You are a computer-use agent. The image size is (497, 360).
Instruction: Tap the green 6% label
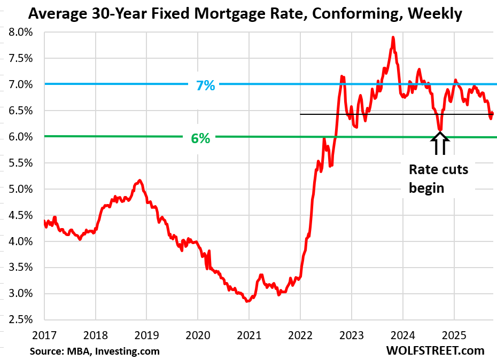pyautogui.click(x=200, y=137)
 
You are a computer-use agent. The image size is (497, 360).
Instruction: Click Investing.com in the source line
pyautogui.click(x=131, y=351)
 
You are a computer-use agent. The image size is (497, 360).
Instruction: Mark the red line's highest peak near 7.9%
pyautogui.click(x=393, y=37)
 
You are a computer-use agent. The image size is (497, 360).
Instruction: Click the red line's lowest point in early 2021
pyautogui.click(x=247, y=301)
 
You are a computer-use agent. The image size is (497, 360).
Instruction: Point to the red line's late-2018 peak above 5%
pyautogui.click(x=139, y=181)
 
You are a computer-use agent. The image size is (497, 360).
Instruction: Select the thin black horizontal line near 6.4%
pyautogui.click(x=363, y=114)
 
